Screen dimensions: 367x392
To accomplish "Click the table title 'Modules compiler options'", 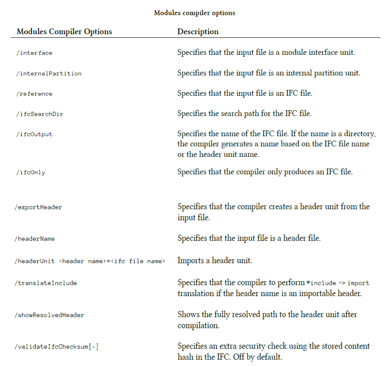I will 195,13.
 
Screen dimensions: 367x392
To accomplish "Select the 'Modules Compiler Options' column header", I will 64,32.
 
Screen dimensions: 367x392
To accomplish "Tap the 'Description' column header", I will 198,32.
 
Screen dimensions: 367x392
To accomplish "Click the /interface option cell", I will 35,53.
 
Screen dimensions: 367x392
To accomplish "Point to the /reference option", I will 35,94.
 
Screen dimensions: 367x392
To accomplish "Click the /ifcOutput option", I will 35,134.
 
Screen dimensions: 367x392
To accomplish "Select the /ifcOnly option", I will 31,172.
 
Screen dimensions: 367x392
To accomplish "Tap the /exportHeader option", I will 39,207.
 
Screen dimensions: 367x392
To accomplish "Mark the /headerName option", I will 35,239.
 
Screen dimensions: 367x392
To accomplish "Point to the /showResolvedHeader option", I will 49,315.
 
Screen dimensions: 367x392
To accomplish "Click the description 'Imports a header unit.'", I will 215,261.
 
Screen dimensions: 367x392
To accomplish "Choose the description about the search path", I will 245,114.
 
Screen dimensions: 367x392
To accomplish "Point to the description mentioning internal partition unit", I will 269,73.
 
